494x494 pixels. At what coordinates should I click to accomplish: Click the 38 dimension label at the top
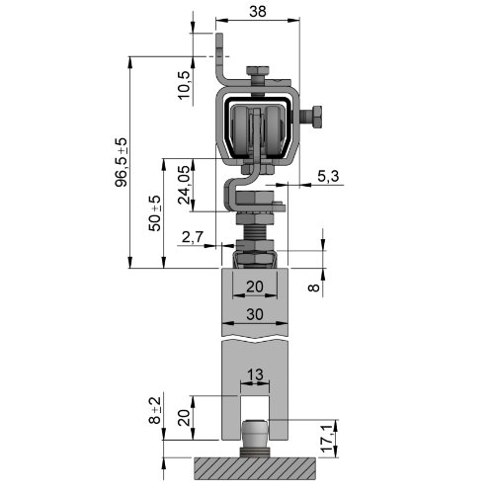(258, 12)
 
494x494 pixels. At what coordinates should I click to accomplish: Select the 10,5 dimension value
(185, 85)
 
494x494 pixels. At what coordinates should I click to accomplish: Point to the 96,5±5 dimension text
(121, 162)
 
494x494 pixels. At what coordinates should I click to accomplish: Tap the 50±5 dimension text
(155, 213)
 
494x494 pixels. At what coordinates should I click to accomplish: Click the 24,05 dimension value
(184, 185)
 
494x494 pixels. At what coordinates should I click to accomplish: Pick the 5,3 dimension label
(328, 177)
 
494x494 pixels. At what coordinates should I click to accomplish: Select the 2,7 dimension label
(193, 237)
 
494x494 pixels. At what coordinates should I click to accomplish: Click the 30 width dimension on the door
(255, 314)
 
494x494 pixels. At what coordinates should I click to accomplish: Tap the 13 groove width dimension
(255, 374)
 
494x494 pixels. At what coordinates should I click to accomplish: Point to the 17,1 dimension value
(327, 438)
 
